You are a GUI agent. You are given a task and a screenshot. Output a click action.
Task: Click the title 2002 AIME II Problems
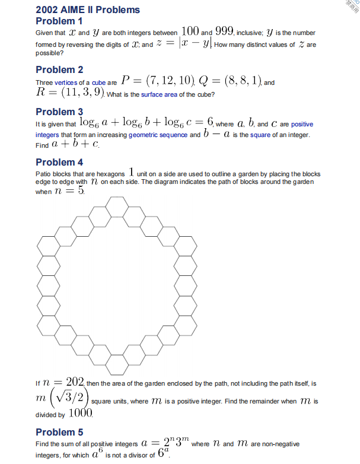[x=88, y=9]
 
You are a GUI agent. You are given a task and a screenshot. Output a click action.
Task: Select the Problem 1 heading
[x=59, y=21]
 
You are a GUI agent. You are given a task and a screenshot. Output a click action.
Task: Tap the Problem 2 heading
[x=59, y=69]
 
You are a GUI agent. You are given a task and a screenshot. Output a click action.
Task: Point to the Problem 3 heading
[x=59, y=112]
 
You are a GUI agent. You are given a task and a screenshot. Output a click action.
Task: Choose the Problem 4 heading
[x=59, y=162]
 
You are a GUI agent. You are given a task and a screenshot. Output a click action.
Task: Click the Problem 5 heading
[x=59, y=431]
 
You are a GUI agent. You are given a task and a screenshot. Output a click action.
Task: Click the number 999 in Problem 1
[x=227, y=31]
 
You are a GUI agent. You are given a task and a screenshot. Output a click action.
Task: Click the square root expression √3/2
[x=71, y=396]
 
